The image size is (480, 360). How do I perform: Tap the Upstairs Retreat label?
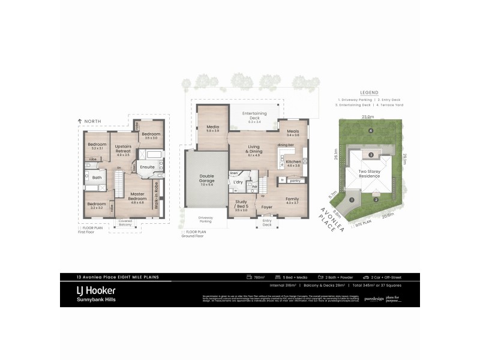[x=123, y=149]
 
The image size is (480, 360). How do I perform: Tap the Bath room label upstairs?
[x=97, y=177]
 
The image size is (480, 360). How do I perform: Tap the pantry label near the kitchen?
[x=295, y=180]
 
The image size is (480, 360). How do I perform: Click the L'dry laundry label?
[x=238, y=181]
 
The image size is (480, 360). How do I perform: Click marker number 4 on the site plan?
[x=371, y=130]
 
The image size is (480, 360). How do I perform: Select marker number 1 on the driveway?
[x=352, y=200]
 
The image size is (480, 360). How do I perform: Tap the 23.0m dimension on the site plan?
[x=368, y=117]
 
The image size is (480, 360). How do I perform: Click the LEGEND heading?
[x=369, y=92]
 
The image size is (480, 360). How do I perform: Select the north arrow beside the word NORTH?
[x=80, y=122]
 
